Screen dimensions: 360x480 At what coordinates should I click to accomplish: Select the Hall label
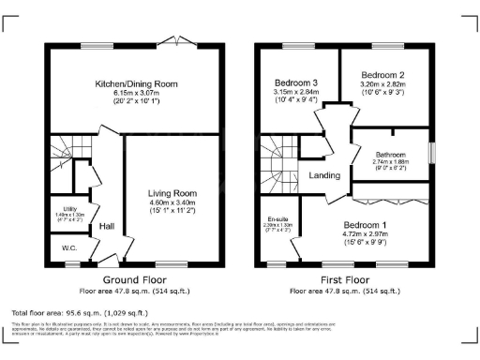pos(107,226)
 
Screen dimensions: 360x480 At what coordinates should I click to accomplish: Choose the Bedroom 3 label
pos(295,82)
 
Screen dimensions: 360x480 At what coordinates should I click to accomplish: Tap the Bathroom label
pos(389,155)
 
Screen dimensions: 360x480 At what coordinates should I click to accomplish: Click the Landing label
pos(323,174)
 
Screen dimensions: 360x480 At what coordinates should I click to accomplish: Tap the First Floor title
pos(342,280)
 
